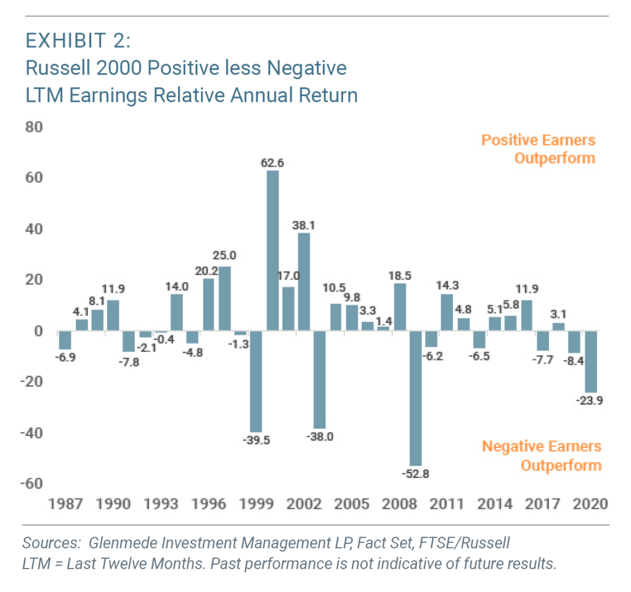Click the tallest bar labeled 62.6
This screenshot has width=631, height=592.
[x=272, y=251]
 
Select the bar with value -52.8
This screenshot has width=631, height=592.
[x=415, y=398]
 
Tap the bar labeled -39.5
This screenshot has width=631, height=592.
[x=256, y=381]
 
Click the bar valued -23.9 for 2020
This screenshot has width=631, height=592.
[x=590, y=362]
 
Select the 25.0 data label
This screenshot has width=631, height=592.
[x=225, y=254]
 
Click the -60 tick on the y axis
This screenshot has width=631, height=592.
[x=33, y=483]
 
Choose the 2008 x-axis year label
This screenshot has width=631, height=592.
[x=399, y=504]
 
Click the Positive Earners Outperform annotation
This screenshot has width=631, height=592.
[x=538, y=149]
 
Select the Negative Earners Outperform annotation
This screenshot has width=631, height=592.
[x=541, y=455]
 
